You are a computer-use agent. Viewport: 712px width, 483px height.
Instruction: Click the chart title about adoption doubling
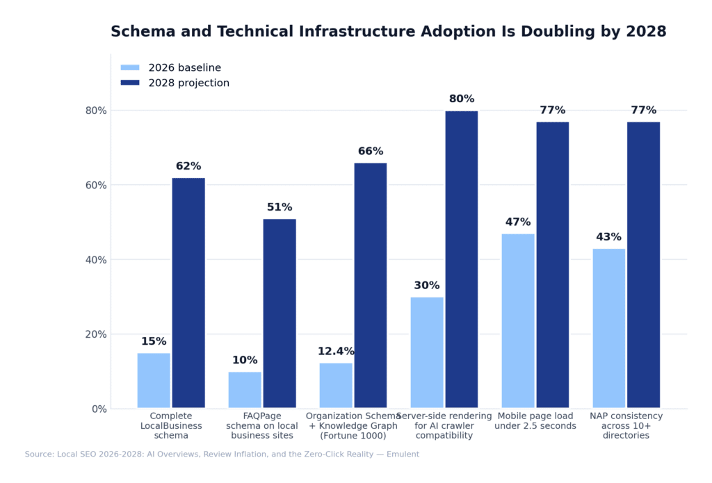(388, 32)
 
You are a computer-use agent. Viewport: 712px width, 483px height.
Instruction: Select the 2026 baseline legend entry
(170, 68)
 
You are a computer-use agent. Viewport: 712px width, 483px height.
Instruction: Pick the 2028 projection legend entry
(175, 83)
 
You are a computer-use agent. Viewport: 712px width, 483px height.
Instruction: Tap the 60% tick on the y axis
(96, 186)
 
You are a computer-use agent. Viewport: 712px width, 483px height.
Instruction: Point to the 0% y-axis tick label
(99, 409)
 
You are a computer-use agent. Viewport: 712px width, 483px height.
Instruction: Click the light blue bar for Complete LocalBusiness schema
(154, 380)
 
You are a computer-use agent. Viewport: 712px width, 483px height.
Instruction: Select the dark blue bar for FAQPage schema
(280, 313)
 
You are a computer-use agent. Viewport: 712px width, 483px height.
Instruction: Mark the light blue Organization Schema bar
(336, 385)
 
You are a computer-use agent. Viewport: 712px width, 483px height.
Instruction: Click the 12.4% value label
(336, 352)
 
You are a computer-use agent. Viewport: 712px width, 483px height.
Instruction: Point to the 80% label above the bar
(462, 99)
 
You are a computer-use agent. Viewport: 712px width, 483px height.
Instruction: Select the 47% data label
(518, 222)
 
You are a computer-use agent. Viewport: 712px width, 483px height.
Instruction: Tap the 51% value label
(280, 208)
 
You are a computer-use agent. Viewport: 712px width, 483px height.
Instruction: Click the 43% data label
(608, 237)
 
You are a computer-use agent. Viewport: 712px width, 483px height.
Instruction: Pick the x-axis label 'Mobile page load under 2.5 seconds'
(535, 421)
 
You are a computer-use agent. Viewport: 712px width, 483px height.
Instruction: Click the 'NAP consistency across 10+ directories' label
(626, 426)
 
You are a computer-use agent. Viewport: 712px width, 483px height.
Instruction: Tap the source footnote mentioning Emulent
(222, 455)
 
